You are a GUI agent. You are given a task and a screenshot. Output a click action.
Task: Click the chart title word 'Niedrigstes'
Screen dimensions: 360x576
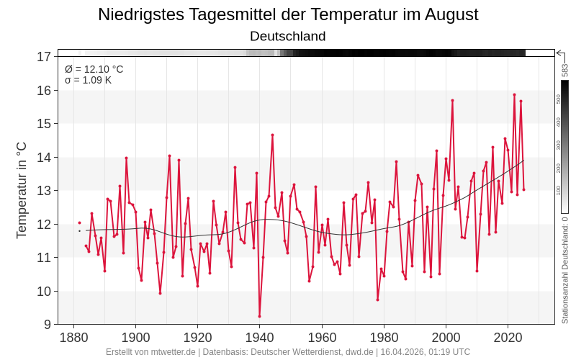(138, 14)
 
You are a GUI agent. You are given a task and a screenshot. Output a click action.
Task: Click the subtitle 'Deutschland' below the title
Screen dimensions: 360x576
(288, 36)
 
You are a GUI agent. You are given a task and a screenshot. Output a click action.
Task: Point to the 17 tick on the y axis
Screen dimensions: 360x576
(44, 56)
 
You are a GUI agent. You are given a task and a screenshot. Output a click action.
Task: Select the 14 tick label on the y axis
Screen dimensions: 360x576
(44, 157)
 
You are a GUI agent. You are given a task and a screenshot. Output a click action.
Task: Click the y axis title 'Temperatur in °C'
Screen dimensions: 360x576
(22, 189)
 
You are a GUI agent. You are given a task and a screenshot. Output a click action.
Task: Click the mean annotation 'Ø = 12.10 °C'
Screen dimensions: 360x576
(94, 69)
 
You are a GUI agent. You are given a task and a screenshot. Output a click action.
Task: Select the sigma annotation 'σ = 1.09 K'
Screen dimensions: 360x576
(88, 80)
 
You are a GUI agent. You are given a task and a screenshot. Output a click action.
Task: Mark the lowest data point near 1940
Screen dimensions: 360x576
(259, 316)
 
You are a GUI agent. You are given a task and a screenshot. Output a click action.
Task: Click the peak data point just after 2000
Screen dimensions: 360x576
(452, 100)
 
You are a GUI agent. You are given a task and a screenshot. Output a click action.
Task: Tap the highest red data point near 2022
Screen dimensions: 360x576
(514, 94)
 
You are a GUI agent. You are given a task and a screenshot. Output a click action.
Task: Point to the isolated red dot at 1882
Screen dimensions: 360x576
(79, 223)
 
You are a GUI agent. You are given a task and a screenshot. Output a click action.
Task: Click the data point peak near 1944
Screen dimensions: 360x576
(272, 135)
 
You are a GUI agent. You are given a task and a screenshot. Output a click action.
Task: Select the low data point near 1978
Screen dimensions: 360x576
(377, 300)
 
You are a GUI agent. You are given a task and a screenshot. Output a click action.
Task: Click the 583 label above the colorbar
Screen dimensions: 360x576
(565, 70)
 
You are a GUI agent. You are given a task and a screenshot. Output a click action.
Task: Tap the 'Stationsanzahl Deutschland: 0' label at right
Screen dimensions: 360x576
(565, 270)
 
